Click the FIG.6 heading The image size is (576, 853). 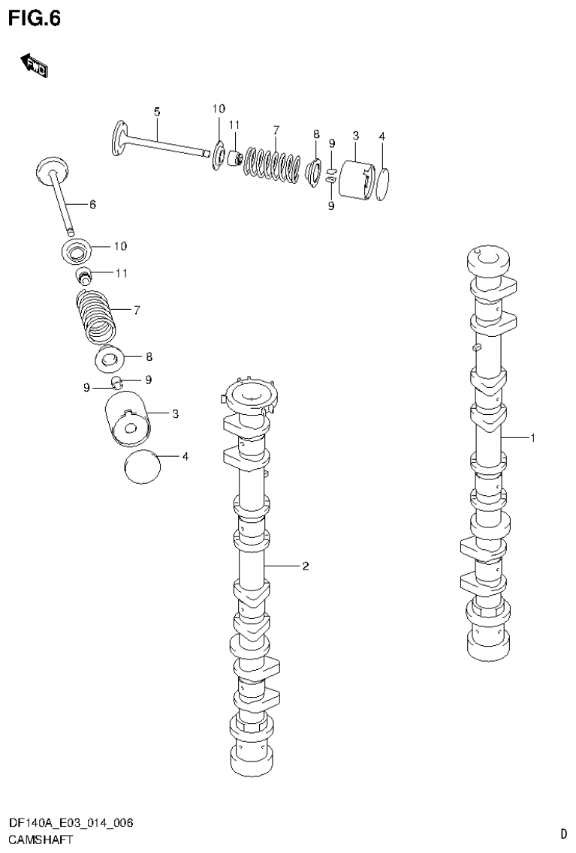tap(35, 17)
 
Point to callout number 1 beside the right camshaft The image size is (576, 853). tap(532, 438)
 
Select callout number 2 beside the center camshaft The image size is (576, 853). tap(306, 566)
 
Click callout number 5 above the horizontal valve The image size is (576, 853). tap(157, 112)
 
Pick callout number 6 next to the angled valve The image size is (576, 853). tap(92, 204)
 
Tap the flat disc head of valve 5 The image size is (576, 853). tap(118, 139)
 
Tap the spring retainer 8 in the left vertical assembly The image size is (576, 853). tap(112, 359)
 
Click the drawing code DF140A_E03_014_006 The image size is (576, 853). tap(71, 824)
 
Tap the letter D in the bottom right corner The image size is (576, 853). tap(562, 833)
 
